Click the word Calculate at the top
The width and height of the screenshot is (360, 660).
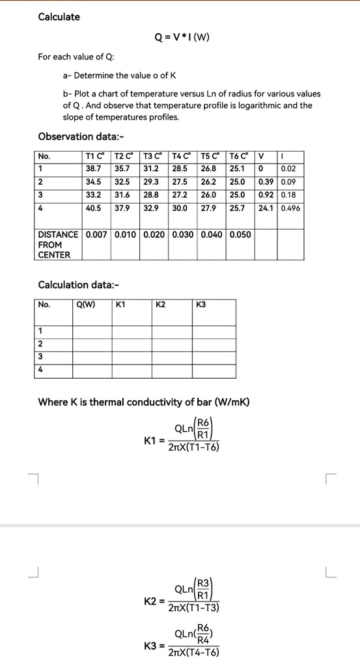tap(59, 17)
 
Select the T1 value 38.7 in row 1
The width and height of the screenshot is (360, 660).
tap(94, 168)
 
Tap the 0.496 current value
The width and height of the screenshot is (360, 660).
tap(290, 208)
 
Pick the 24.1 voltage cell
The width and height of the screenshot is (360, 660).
tap(266, 208)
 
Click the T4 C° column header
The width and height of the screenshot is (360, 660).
tap(181, 156)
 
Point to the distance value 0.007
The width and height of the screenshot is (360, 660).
tap(98, 235)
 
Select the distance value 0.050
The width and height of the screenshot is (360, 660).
tap(240, 235)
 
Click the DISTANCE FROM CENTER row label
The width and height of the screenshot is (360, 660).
tap(58, 245)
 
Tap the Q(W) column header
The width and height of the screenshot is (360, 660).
tap(86, 304)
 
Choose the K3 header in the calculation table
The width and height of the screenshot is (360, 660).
tap(201, 304)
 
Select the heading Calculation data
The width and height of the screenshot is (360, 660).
tap(79, 284)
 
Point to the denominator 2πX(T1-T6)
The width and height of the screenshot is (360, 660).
tap(194, 448)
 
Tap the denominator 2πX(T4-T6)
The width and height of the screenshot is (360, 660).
tap(194, 652)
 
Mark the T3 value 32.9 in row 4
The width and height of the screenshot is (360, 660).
tap(151, 208)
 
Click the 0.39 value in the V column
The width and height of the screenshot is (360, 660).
tap(266, 182)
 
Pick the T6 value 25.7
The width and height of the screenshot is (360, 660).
tap(240, 208)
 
